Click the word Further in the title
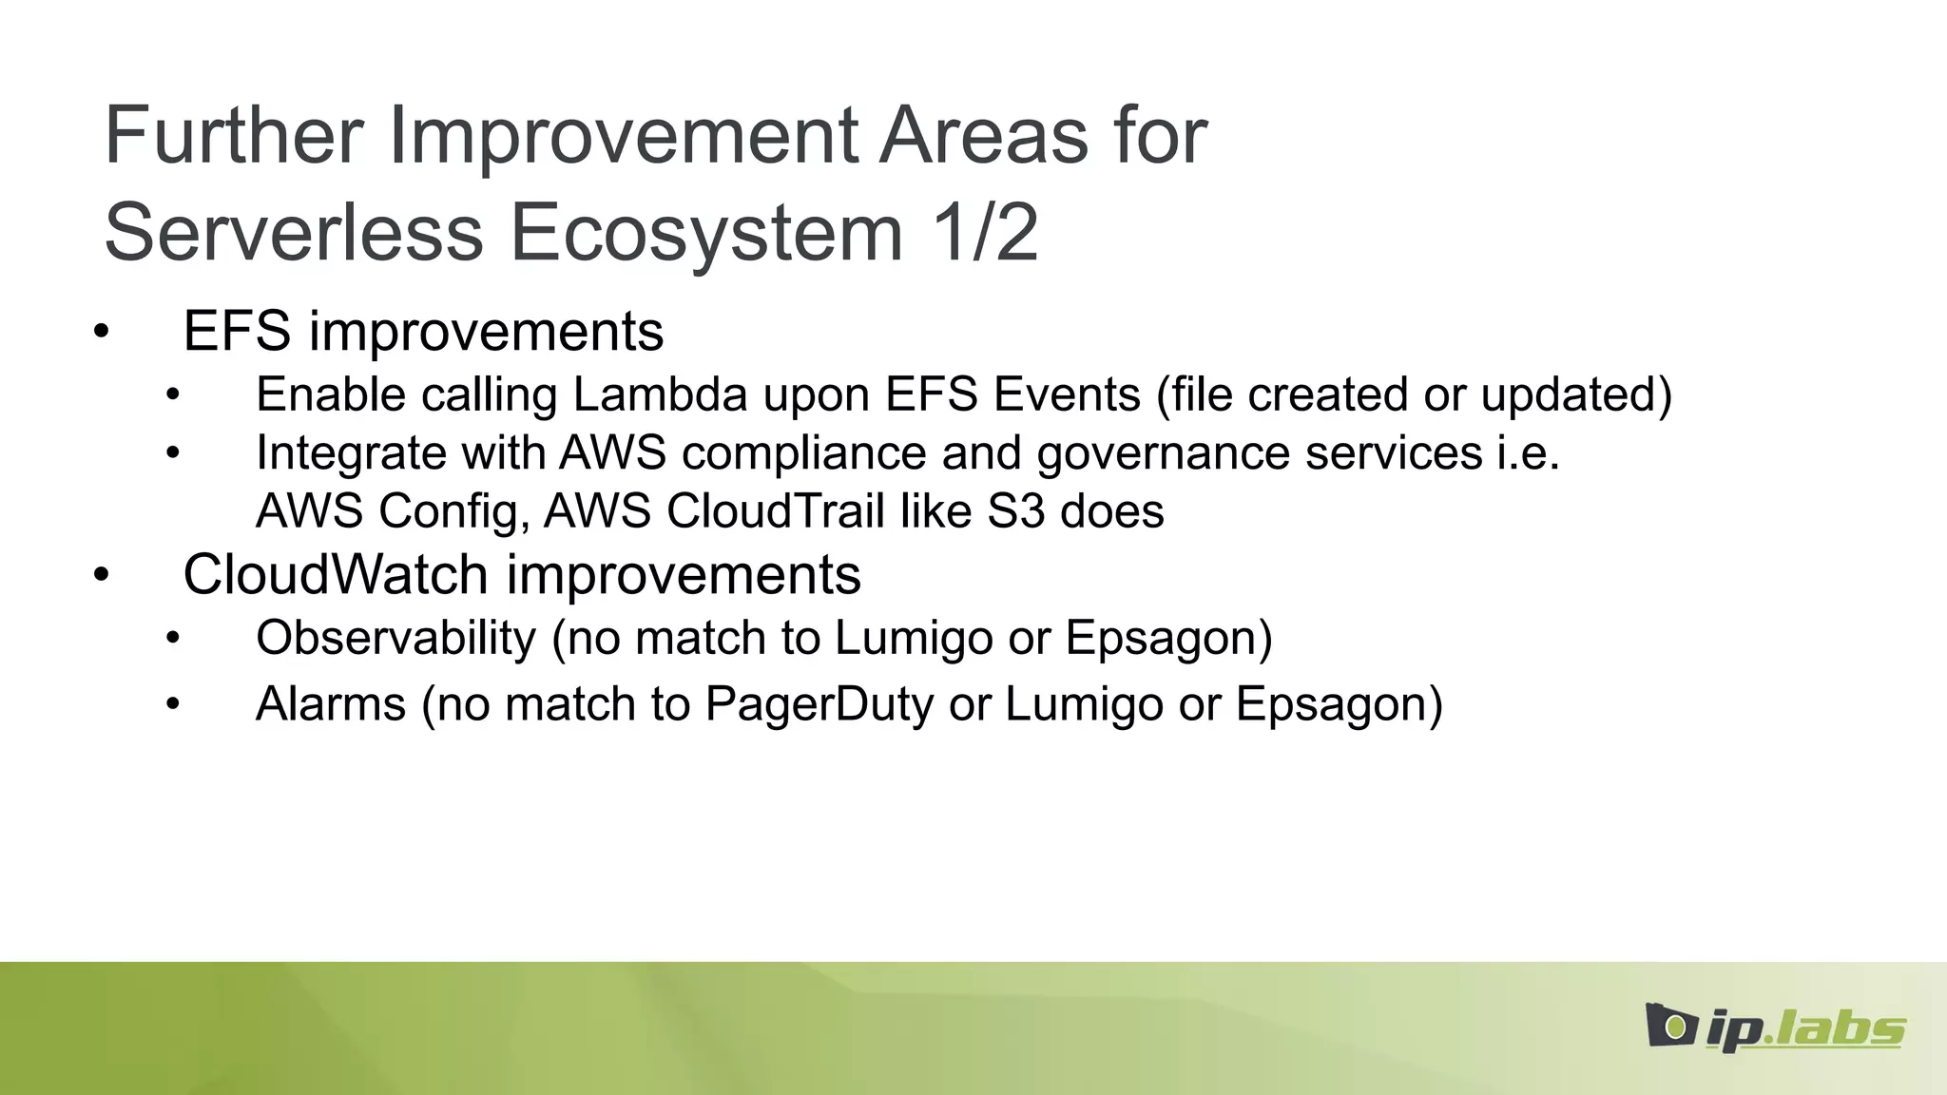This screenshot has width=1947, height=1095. click(x=234, y=136)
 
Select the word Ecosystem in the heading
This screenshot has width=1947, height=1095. click(x=706, y=234)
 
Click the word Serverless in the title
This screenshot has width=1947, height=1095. click(x=294, y=234)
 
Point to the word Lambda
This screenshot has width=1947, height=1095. click(x=660, y=394)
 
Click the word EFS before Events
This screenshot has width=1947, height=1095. click(x=931, y=394)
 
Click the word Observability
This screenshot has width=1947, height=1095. click(x=396, y=638)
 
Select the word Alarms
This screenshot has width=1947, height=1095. click(x=331, y=704)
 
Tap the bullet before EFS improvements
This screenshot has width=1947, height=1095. click(x=102, y=333)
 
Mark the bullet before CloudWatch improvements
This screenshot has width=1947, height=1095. click(x=102, y=576)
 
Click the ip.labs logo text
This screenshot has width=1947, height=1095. click(x=1806, y=1029)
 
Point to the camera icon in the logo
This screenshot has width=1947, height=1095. click(x=1671, y=1026)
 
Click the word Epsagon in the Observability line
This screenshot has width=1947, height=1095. click(x=1168, y=638)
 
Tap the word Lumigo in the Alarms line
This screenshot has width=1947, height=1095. click(x=1084, y=704)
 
